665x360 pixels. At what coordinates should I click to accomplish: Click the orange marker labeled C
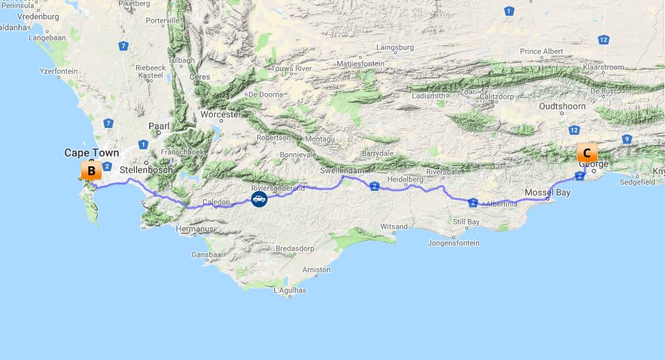point(587,153)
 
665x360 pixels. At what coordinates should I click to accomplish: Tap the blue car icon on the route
point(259,199)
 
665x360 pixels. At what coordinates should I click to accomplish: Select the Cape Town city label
point(91,153)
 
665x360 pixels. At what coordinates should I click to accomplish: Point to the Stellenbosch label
point(146,169)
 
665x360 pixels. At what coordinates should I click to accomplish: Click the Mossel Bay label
point(547,193)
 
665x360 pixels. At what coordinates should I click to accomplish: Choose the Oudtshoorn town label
point(562,106)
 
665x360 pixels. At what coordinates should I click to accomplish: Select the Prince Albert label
point(541,51)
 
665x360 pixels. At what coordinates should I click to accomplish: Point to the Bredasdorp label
point(294,248)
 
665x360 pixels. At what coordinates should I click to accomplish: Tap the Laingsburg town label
point(395,47)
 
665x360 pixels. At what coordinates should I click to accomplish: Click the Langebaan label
point(48,38)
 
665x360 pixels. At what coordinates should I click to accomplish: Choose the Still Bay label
point(466,222)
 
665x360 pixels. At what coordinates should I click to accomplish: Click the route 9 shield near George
point(627,139)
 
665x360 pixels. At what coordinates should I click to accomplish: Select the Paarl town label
point(159,126)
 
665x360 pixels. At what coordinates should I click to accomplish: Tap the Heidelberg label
point(405,179)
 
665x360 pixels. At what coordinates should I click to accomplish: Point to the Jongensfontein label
point(453,243)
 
